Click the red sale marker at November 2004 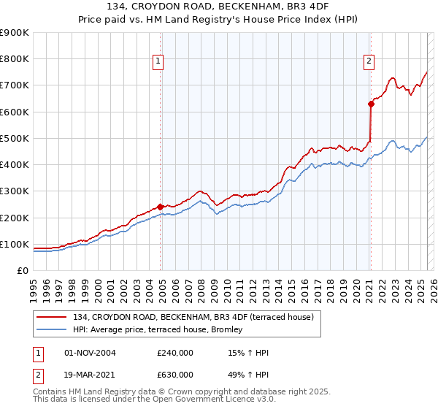[160, 207]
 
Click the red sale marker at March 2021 [371, 104]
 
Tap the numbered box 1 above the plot [158, 61]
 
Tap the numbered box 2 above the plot [369, 61]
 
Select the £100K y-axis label [15, 244]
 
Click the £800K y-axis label [15, 58]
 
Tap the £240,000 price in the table [175, 353]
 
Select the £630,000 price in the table [175, 374]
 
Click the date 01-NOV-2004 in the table [91, 353]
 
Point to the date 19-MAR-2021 [91, 374]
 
